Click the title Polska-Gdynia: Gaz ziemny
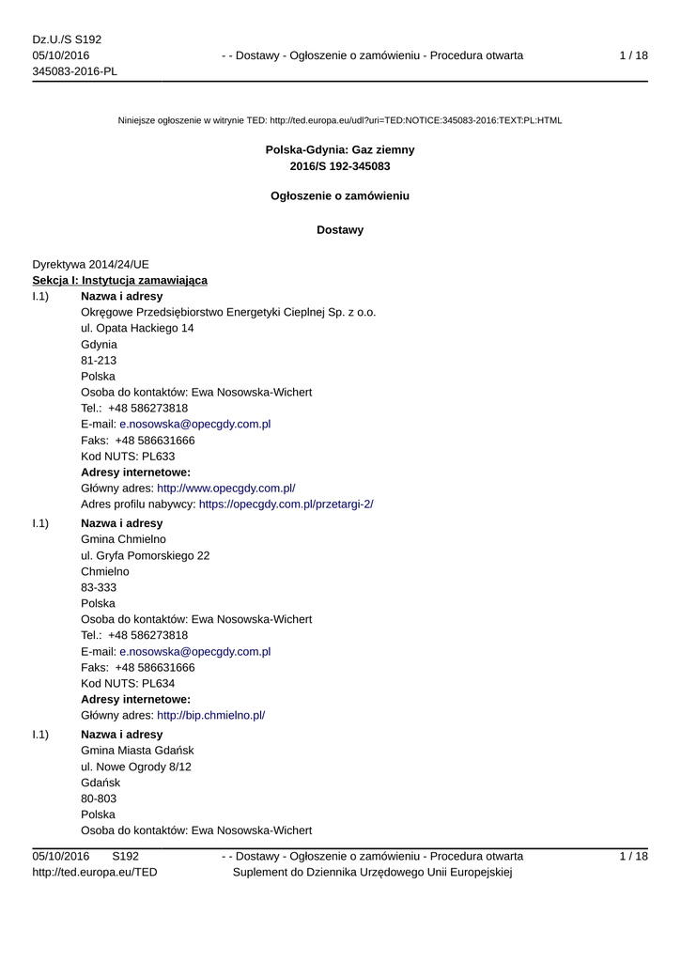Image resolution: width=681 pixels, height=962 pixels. (340, 149)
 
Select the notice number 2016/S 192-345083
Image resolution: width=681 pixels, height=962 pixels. (340, 166)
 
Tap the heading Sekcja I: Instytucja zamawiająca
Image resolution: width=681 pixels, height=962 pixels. (120, 280)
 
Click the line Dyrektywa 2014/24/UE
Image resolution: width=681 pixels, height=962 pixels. (90, 265)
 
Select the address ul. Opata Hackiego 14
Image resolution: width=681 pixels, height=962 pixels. (138, 328)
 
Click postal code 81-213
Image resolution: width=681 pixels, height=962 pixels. (99, 360)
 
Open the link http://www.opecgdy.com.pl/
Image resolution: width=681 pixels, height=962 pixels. (226, 488)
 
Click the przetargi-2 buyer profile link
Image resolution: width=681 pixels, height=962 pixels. (286, 504)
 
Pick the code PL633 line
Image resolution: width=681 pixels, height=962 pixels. (128, 456)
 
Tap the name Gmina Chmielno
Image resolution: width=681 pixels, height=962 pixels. (123, 539)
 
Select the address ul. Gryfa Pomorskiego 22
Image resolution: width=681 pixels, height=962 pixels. (146, 555)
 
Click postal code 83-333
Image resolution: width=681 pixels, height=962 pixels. (99, 587)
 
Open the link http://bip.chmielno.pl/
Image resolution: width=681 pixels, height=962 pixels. (211, 715)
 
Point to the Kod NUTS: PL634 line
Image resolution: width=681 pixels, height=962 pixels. (128, 683)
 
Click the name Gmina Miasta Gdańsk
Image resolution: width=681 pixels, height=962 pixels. (137, 751)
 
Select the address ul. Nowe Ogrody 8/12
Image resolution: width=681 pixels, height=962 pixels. (136, 767)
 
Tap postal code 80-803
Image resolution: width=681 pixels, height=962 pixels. (99, 799)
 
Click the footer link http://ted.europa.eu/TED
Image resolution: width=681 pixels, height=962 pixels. (95, 872)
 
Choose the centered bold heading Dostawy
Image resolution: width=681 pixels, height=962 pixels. (340, 229)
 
